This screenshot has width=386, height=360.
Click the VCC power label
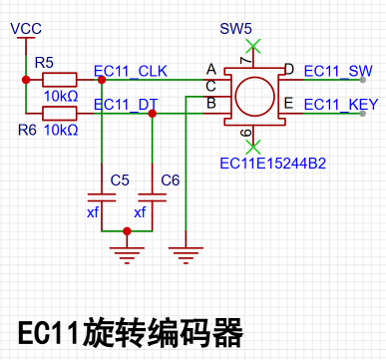pos(26,29)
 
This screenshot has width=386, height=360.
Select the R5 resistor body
pos(60,80)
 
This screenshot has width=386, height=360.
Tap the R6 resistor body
pos(60,114)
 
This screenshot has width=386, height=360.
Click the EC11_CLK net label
pos(131,71)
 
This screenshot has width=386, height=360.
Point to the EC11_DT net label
pos(126,105)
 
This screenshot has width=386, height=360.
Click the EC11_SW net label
pos(338,71)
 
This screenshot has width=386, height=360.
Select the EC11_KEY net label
pos(341,105)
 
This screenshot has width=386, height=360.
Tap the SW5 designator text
pos(235,29)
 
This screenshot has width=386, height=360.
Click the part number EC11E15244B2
pos(273,164)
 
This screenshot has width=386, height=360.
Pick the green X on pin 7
pos(253,46)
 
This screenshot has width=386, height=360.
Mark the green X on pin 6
pos(253,147)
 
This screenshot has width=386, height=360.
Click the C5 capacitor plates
pos(102,197)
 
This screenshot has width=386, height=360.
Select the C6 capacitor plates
pos(152,197)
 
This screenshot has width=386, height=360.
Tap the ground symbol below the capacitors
pos(127,255)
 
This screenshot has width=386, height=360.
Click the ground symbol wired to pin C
pos(186,255)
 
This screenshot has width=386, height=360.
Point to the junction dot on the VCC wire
pos(26,80)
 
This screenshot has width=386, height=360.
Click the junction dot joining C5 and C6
pos(127,231)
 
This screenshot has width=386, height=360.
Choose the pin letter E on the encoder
pos(288,103)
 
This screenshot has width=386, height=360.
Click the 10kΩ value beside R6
pos(61,130)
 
